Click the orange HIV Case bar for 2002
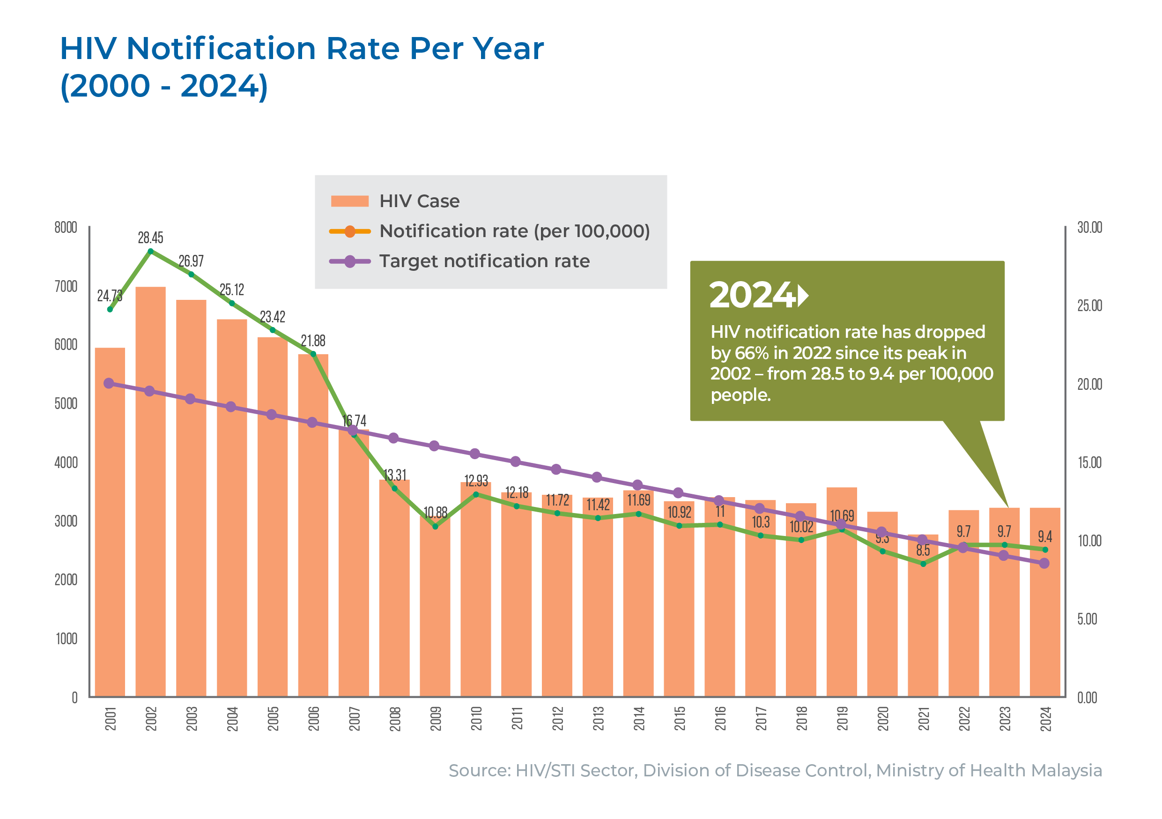[x=150, y=491]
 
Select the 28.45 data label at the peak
[x=150, y=238]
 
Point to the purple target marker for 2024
[x=1044, y=563]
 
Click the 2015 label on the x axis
[x=679, y=719]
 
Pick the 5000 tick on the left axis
[x=66, y=404]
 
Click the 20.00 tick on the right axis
[x=1089, y=385]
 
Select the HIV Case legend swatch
[x=349, y=201]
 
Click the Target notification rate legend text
[x=484, y=261]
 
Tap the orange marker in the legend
[x=349, y=231]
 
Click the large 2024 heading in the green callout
[x=752, y=295]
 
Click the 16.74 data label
[x=354, y=421]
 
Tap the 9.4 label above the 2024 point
[x=1044, y=536]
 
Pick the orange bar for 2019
[x=842, y=607]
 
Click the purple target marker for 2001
[x=109, y=383]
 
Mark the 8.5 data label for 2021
[x=923, y=550]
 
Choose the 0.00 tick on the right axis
[x=1087, y=698]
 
